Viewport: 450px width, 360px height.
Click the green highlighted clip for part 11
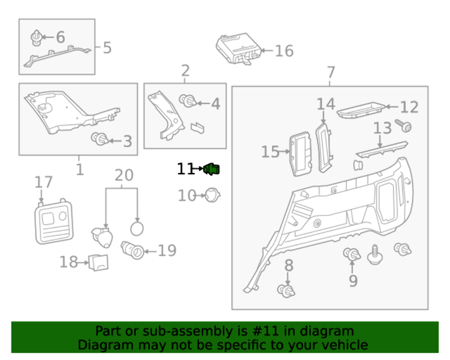[212, 169]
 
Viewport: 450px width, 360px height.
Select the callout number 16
[283, 51]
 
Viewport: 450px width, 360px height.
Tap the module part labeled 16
[238, 49]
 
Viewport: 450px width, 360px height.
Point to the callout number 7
[331, 72]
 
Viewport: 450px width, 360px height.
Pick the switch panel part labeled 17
[54, 223]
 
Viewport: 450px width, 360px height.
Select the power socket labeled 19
[133, 250]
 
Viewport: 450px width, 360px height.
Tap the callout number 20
[123, 175]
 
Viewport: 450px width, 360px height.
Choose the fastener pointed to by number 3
[100, 139]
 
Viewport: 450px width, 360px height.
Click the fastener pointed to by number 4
[188, 103]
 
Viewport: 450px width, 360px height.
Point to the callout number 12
[409, 107]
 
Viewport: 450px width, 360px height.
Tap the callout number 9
[353, 281]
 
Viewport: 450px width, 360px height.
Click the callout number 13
[382, 128]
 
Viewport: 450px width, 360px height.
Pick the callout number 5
[107, 48]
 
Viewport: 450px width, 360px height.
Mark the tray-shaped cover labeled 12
[361, 110]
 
